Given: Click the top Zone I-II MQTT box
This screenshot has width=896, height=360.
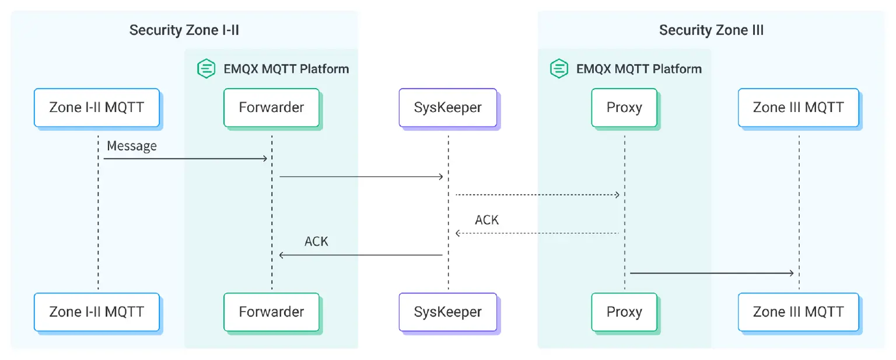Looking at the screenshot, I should point(96,107).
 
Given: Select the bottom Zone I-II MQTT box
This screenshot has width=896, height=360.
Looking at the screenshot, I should point(96,312).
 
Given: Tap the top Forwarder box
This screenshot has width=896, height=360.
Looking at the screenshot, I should point(271,107).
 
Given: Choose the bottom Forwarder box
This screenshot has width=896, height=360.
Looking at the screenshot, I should point(271,312).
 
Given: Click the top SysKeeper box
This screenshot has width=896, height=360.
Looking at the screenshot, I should point(447,107).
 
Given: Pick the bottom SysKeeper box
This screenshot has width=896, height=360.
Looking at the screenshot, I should point(447,312).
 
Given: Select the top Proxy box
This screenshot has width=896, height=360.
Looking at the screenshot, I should point(624,107).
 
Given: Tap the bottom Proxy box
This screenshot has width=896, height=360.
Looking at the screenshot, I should point(624,312).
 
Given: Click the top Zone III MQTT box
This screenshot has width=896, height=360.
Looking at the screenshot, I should point(798,107).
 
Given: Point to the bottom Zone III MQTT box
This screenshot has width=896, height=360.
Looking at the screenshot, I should point(798,312).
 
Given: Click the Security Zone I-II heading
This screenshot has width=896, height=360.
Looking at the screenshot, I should point(184,30).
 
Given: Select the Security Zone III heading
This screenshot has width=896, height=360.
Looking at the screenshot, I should point(711,30).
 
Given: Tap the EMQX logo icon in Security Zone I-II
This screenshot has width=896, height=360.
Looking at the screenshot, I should point(206,69).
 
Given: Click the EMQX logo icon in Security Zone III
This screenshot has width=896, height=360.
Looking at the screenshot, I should point(559,69).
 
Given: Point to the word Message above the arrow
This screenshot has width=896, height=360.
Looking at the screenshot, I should point(132,146).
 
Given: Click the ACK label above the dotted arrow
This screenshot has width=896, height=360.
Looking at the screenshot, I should point(487,220).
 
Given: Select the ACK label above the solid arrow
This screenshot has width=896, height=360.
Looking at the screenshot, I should point(316,241).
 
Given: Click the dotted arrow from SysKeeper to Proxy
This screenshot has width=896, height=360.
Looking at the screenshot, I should point(537,194).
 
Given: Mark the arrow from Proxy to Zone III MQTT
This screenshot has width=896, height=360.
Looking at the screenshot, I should point(712,273).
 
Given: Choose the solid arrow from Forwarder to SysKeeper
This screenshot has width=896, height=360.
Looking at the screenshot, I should point(362,176).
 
